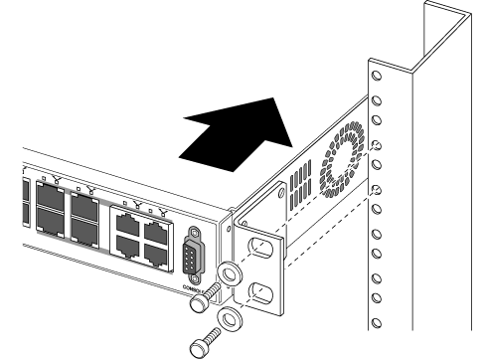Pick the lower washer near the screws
click(x=232, y=319)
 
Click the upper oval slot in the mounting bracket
click(x=257, y=247)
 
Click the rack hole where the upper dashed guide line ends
click(x=376, y=144)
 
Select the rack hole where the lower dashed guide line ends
click(x=376, y=190)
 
